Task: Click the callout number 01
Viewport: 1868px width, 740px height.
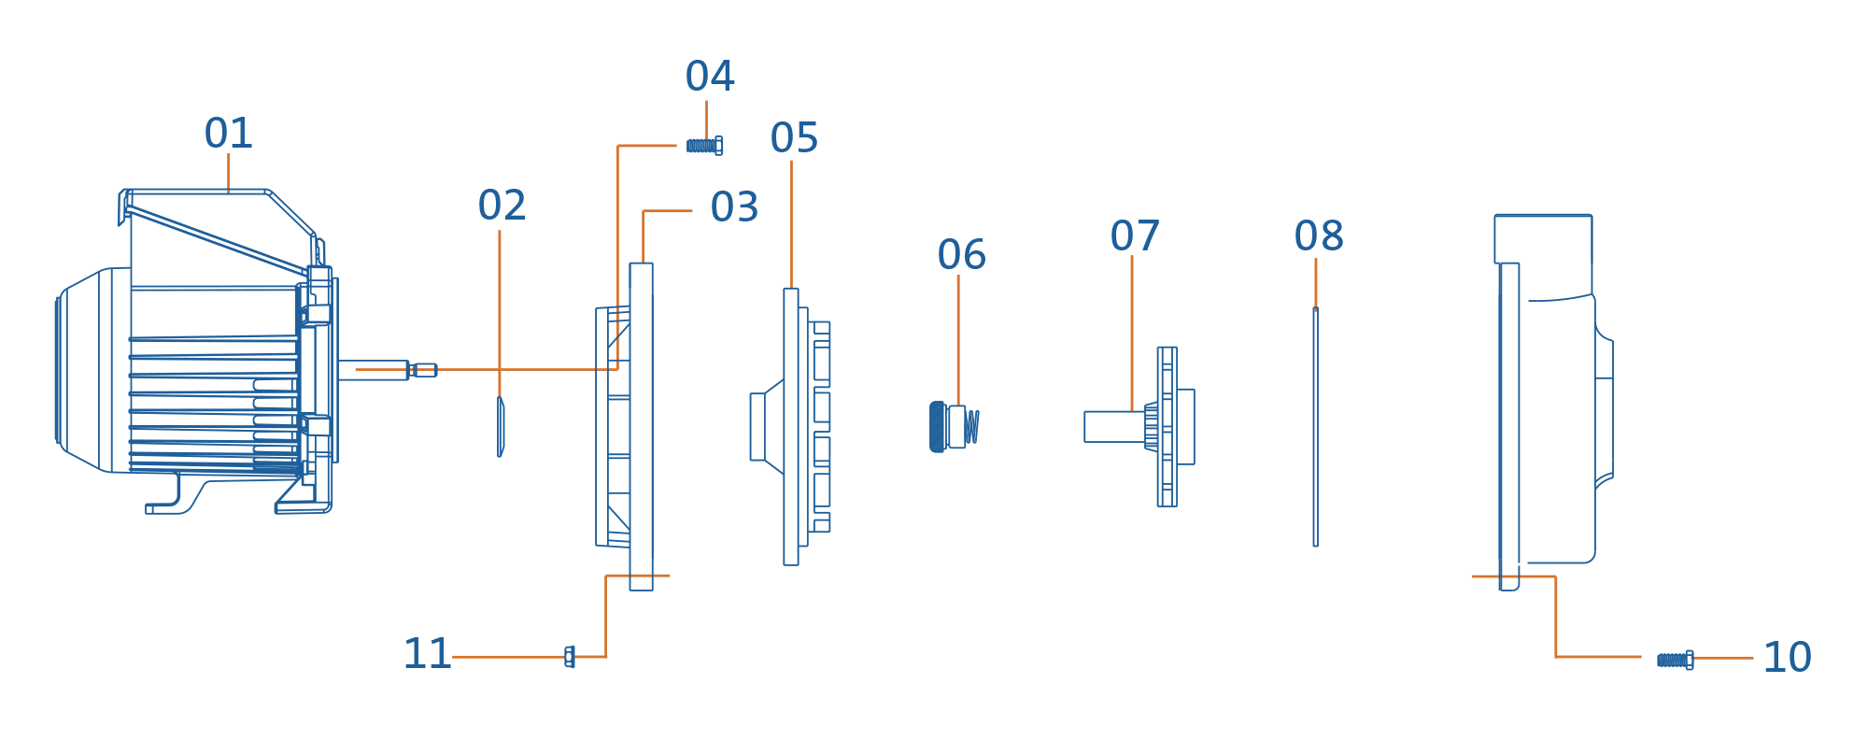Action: click(228, 134)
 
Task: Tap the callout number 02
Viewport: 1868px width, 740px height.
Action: click(502, 206)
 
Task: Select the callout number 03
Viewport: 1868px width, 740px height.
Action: click(734, 207)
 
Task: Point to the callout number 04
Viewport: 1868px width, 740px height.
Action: click(710, 77)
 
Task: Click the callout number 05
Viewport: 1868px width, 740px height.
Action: click(794, 138)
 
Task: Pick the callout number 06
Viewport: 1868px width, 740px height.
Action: click(961, 255)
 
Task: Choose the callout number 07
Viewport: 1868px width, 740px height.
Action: click(1135, 236)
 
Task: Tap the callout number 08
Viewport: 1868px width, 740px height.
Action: click(1319, 236)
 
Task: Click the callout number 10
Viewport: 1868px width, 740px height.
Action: click(1787, 658)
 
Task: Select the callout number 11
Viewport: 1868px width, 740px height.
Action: click(427, 654)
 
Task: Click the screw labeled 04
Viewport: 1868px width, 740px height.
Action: click(704, 146)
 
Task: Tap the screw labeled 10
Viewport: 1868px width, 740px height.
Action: click(1675, 660)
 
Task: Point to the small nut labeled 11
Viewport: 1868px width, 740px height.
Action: click(570, 657)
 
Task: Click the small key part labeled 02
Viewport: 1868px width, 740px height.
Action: click(501, 426)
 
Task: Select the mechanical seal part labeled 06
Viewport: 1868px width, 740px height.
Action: click(953, 427)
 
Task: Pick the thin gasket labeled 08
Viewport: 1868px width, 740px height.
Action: click(1315, 426)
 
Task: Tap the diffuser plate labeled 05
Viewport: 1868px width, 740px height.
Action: click(792, 426)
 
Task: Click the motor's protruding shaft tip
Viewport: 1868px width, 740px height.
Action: click(425, 370)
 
